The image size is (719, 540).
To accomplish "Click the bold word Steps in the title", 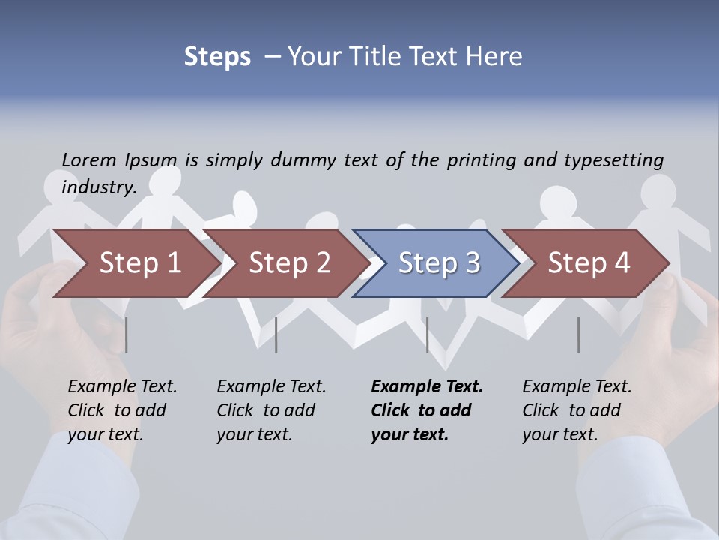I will [x=217, y=57].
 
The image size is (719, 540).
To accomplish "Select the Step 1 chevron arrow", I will [x=139, y=262].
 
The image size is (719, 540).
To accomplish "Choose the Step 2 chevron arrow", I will [x=289, y=262].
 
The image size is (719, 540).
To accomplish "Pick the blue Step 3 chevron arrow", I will [x=438, y=262].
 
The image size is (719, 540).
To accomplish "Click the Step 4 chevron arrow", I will [x=588, y=262].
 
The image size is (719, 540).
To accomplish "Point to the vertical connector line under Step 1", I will [x=127, y=334].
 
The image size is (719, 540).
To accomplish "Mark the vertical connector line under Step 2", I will [x=276, y=334].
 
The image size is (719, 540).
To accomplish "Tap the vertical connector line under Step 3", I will [x=428, y=334].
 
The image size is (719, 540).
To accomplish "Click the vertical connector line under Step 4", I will [x=579, y=334].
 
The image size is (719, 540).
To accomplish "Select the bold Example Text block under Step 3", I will [x=427, y=410].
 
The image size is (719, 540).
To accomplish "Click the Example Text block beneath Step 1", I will [x=122, y=410].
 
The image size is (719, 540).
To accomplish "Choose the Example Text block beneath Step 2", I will [x=271, y=410].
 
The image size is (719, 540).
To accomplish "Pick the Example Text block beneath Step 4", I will [x=577, y=410].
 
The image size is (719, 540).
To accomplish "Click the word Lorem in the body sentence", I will [x=89, y=160].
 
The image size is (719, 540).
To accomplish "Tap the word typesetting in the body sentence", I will [x=613, y=160].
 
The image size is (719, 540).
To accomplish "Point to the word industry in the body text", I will [x=97, y=187].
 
